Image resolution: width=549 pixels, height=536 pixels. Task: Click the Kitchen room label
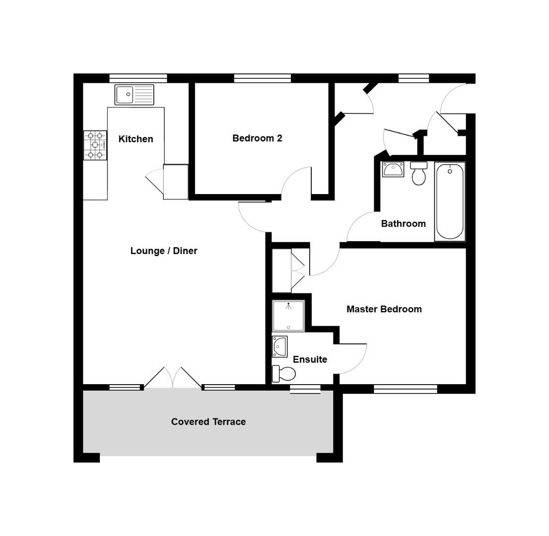coord(136,139)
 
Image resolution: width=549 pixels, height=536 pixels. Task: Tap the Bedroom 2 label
coord(257,138)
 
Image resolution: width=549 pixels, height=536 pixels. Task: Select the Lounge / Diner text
coord(164,251)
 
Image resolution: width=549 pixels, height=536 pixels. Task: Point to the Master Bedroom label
coord(384,309)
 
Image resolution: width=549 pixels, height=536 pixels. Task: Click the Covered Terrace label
coord(208,421)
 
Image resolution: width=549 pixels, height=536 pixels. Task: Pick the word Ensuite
coord(310,359)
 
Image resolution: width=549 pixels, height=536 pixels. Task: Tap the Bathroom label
coord(403,223)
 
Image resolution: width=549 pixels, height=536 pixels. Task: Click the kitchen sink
coord(135,95)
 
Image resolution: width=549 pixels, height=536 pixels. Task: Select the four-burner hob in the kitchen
coord(95,145)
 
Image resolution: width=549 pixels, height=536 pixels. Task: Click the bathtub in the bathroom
coord(450,201)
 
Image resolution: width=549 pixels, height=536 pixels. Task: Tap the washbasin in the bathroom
coord(393,169)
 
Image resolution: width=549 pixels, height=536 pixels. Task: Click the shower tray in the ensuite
coord(288,316)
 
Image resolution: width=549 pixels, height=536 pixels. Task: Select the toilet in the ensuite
coord(283,373)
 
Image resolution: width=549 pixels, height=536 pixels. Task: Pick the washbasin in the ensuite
coord(280,346)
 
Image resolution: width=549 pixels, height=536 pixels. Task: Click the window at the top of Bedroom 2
coord(262,78)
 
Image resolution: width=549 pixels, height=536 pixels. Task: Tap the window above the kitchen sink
coord(138,78)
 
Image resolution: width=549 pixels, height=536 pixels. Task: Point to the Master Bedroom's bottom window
coord(405,389)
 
